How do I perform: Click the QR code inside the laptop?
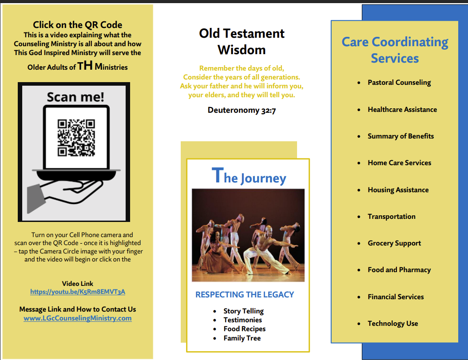[x=75, y=138]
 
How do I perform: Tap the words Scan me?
[x=75, y=97]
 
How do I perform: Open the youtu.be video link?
[x=78, y=292]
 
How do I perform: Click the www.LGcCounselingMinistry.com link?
[x=78, y=318]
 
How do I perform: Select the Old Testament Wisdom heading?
[x=242, y=41]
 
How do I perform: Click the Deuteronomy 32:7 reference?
[x=242, y=110]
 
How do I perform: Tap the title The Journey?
[x=249, y=177]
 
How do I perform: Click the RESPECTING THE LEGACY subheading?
[x=245, y=294]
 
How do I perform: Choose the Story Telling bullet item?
[x=243, y=311]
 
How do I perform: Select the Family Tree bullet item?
[x=242, y=338]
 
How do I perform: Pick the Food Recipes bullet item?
[x=244, y=329]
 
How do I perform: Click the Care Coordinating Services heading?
[x=395, y=50]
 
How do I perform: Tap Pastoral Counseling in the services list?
[x=399, y=83]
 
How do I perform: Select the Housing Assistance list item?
[x=398, y=190]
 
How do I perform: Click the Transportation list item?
[x=391, y=217]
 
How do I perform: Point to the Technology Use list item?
[x=393, y=324]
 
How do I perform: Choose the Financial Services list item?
[x=396, y=297]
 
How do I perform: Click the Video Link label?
[x=78, y=283]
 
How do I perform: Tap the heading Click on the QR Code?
[x=78, y=25]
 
